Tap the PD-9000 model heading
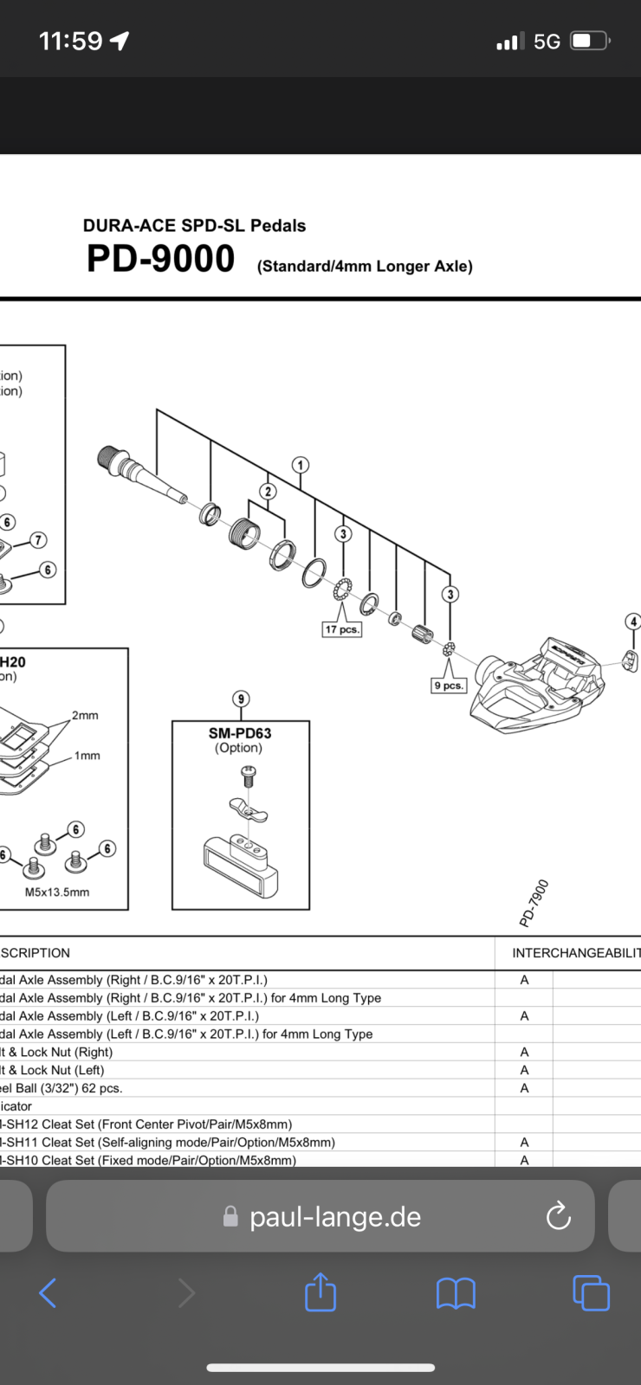click(x=161, y=260)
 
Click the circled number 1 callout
click(x=301, y=465)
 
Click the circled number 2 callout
click(x=269, y=491)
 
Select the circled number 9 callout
click(x=241, y=699)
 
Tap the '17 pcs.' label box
click(x=341, y=629)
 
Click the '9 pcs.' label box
click(x=449, y=686)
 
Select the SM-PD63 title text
click(x=240, y=733)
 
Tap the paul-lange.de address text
click(x=334, y=1217)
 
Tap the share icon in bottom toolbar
click(x=320, y=1292)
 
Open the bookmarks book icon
click(x=456, y=1294)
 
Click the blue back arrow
click(x=49, y=1294)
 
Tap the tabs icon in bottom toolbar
click(x=591, y=1293)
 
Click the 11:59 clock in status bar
click(x=71, y=41)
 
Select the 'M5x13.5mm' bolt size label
click(x=57, y=892)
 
